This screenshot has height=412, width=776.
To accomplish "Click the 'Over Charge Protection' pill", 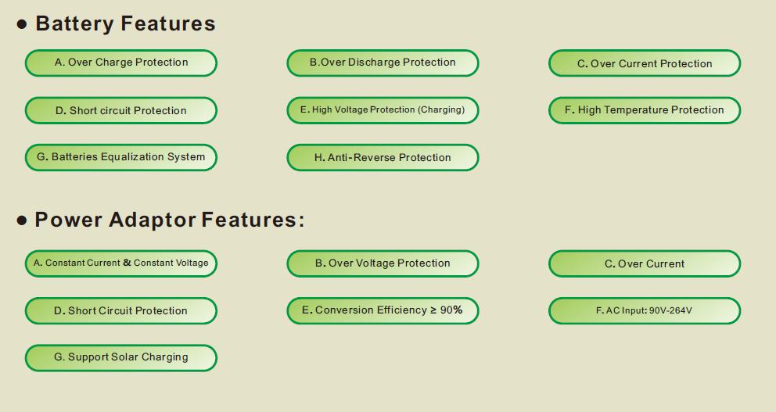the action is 120,63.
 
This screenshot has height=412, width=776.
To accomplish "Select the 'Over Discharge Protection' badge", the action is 383,63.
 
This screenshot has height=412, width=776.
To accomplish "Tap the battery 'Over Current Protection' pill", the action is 645,63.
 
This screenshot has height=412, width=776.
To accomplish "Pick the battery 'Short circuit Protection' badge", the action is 120,110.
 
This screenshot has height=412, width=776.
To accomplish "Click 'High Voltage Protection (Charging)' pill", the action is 383,110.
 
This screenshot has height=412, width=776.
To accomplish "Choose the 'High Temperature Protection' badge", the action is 645,110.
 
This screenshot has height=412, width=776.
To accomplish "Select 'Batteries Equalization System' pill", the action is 120,157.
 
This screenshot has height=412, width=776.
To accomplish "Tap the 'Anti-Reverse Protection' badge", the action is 383,157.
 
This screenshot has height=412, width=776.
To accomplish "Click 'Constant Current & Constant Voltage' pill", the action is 120,263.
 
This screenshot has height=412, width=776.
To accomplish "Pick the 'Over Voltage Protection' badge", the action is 383,263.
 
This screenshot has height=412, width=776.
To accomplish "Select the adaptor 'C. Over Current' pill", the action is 645,263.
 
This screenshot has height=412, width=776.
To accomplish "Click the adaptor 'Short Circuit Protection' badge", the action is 120,310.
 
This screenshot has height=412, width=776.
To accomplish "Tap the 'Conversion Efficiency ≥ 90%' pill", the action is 383,310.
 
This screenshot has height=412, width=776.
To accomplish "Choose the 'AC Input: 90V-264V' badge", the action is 645,310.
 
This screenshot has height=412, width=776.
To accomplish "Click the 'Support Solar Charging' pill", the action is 120,357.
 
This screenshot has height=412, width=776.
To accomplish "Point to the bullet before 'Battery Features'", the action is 22,24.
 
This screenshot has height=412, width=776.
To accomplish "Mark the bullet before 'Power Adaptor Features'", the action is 22,220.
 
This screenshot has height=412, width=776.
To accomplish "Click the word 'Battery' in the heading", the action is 75,24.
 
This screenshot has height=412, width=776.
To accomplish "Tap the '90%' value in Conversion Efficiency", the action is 451,310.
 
